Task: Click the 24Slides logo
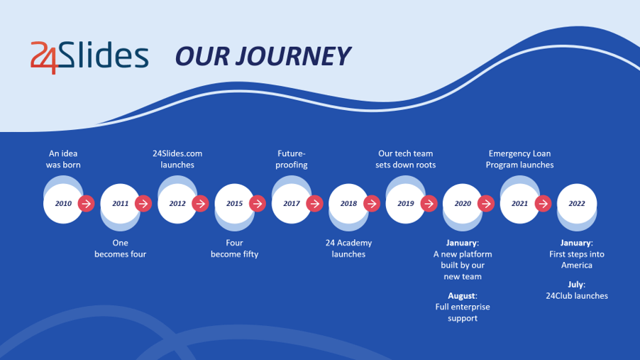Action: [89, 57]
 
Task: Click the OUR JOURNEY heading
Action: [263, 56]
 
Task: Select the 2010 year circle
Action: [63, 204]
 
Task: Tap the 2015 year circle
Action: [234, 204]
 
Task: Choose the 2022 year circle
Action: [577, 204]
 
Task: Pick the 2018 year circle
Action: [348, 204]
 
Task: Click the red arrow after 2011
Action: [143, 204]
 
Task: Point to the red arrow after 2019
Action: [429, 204]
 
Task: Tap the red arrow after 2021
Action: [544, 204]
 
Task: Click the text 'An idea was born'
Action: [63, 159]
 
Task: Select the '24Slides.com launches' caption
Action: [177, 159]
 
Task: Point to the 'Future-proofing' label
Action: [292, 159]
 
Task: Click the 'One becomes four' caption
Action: [121, 249]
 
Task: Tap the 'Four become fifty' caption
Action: [234, 249]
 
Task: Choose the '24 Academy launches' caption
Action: [348, 249]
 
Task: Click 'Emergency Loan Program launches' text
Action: [519, 159]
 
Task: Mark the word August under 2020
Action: [462, 296]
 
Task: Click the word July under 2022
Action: [575, 285]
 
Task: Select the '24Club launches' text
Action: [577, 296]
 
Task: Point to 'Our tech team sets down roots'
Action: [406, 159]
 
